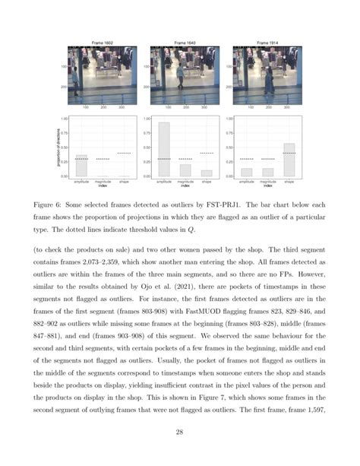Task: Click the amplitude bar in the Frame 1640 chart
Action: coord(163,149)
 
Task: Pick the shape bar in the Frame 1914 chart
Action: coord(289,160)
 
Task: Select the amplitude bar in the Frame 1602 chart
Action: coord(81,166)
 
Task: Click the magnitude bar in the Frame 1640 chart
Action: coord(185,170)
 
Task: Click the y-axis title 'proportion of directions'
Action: coord(60,147)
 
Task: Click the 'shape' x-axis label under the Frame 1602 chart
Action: coord(124,182)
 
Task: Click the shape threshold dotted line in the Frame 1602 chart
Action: coord(124,153)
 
